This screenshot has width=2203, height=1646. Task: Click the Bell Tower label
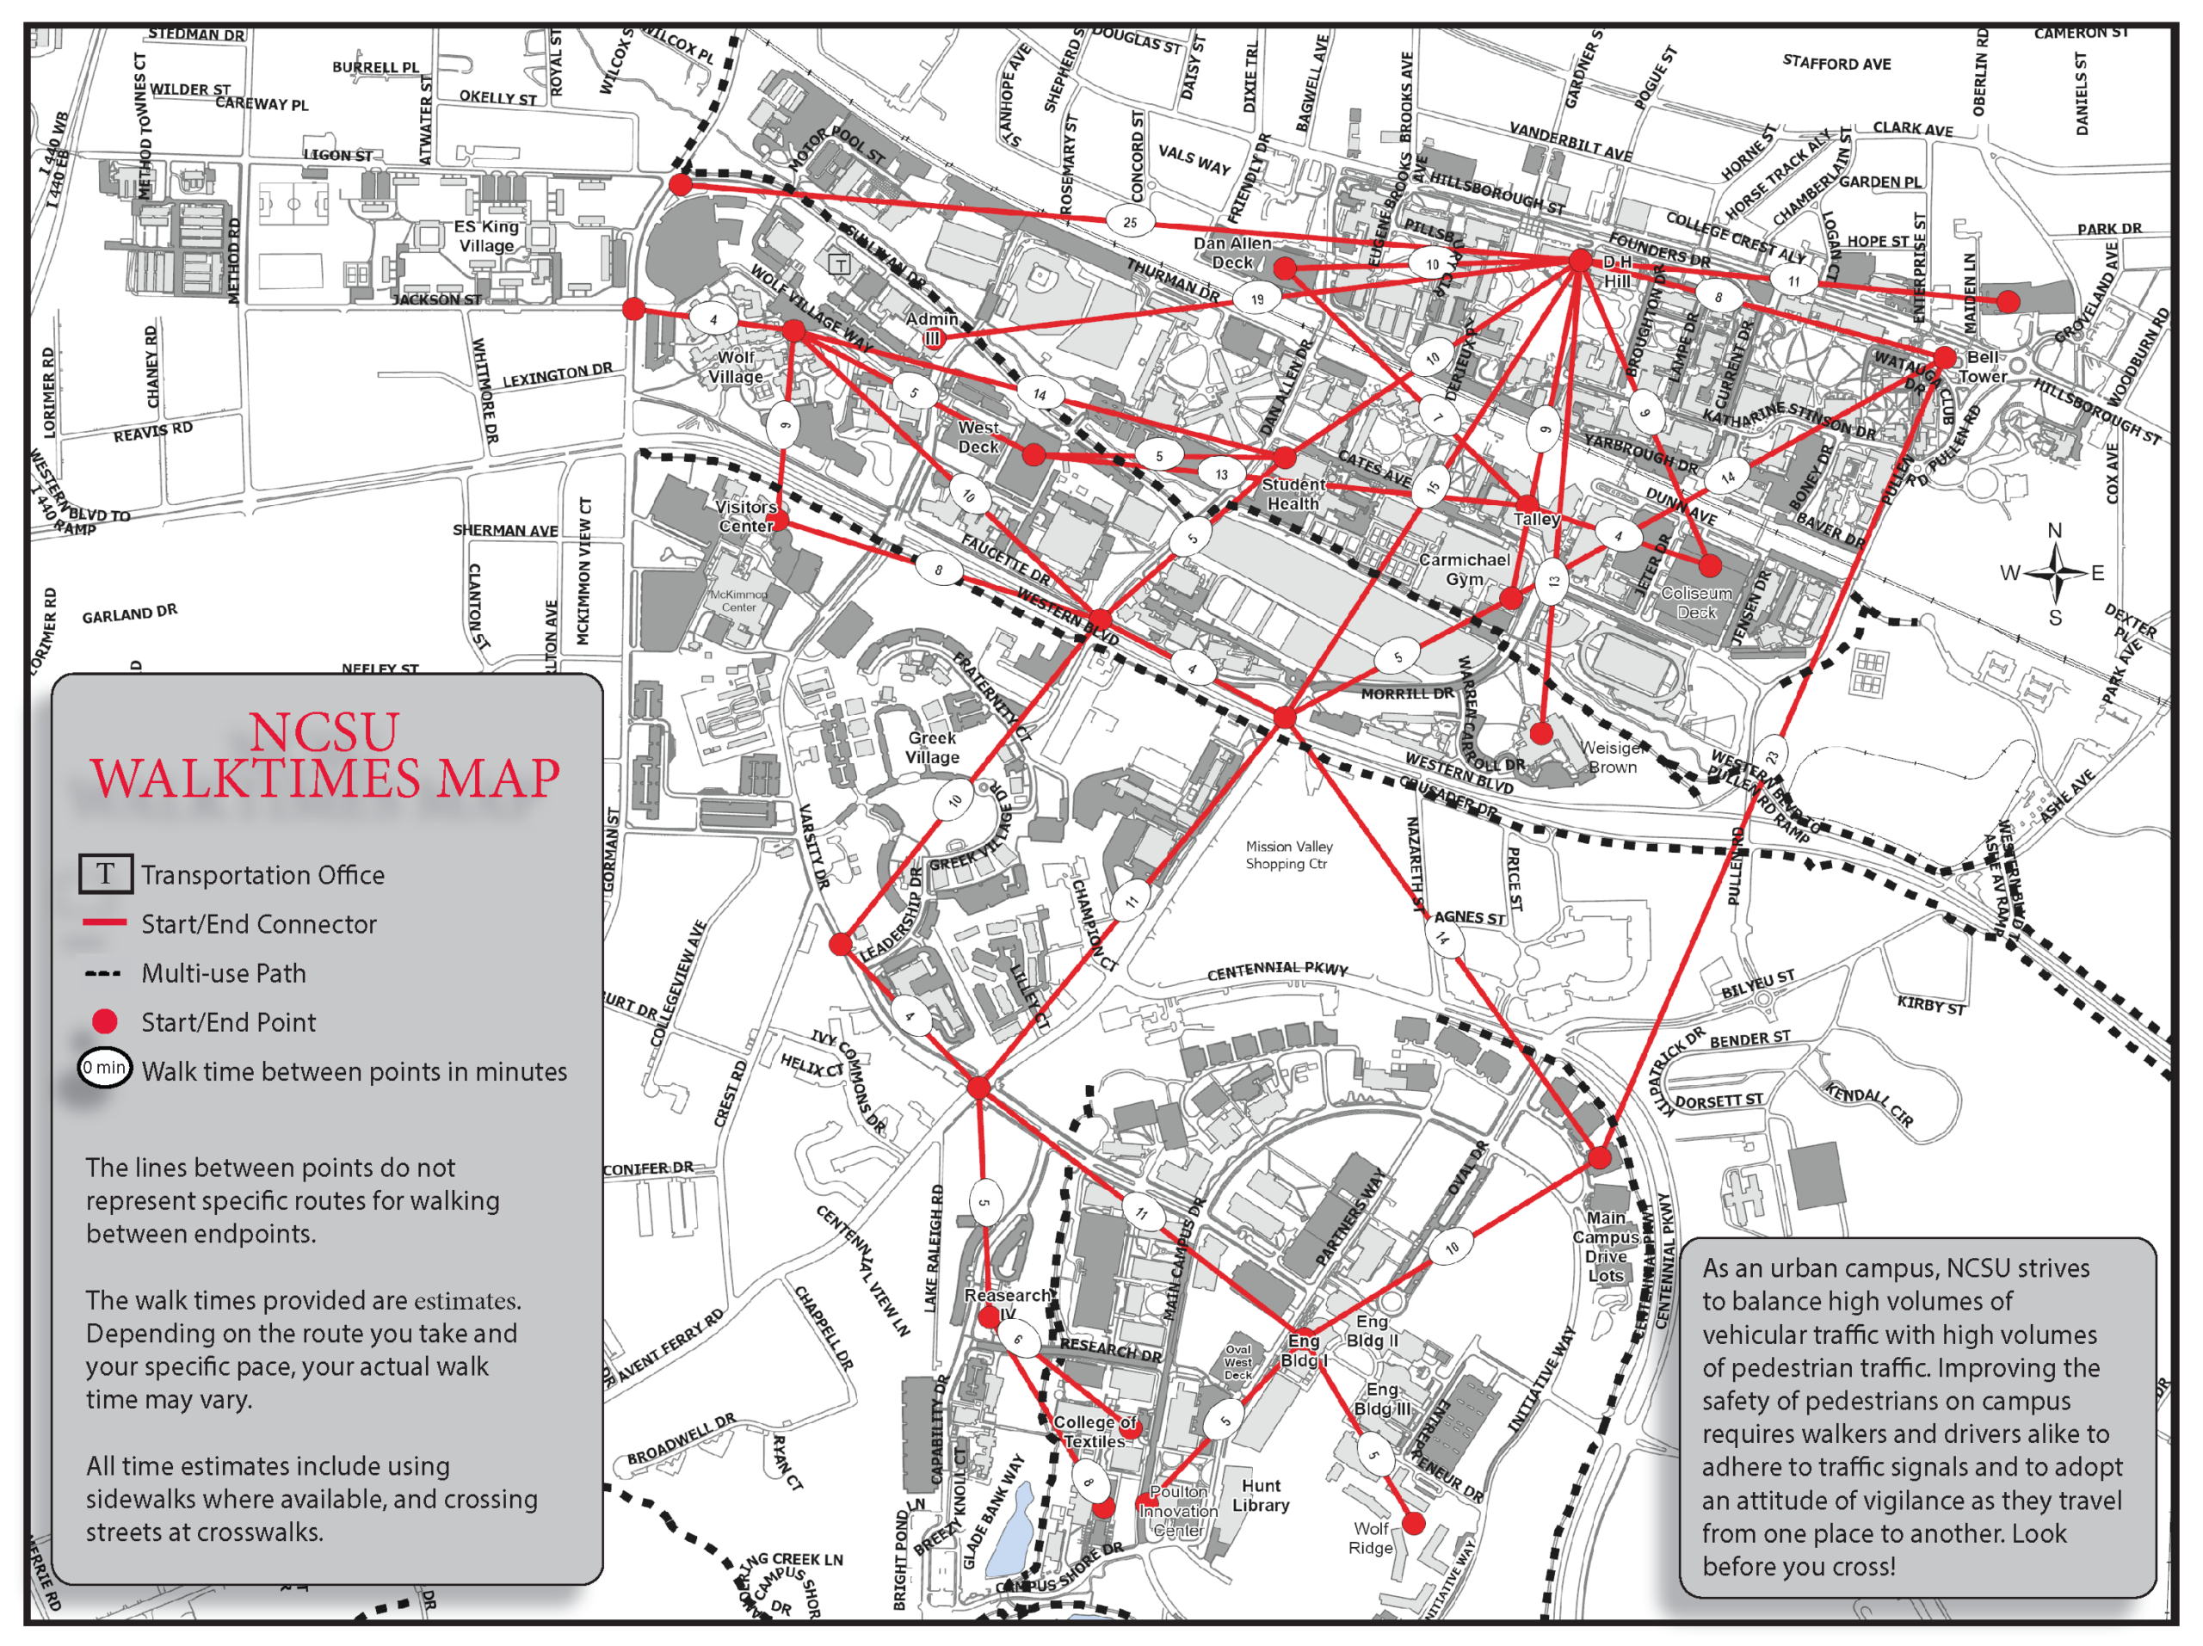(x=1981, y=367)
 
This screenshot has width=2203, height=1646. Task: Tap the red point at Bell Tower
(x=1944, y=357)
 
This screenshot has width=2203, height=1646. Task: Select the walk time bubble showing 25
(x=1129, y=222)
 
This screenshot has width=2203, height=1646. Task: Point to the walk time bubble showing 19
(x=1257, y=299)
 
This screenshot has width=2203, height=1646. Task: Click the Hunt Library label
(x=1261, y=1495)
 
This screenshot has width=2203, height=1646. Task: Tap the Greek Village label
(x=932, y=747)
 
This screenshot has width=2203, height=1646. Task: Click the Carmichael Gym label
(x=1464, y=569)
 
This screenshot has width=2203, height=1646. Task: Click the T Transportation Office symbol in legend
(x=106, y=874)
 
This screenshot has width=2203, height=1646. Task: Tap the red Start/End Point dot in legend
(x=105, y=1021)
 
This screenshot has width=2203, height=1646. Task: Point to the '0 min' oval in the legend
(x=105, y=1069)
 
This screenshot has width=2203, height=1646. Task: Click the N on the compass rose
(x=2053, y=531)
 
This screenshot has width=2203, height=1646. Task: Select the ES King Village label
(x=486, y=236)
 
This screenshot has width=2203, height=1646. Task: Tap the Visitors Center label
(x=746, y=515)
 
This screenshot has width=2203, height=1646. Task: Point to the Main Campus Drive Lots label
(x=1606, y=1246)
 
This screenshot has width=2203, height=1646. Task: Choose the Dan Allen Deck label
(x=1232, y=252)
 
